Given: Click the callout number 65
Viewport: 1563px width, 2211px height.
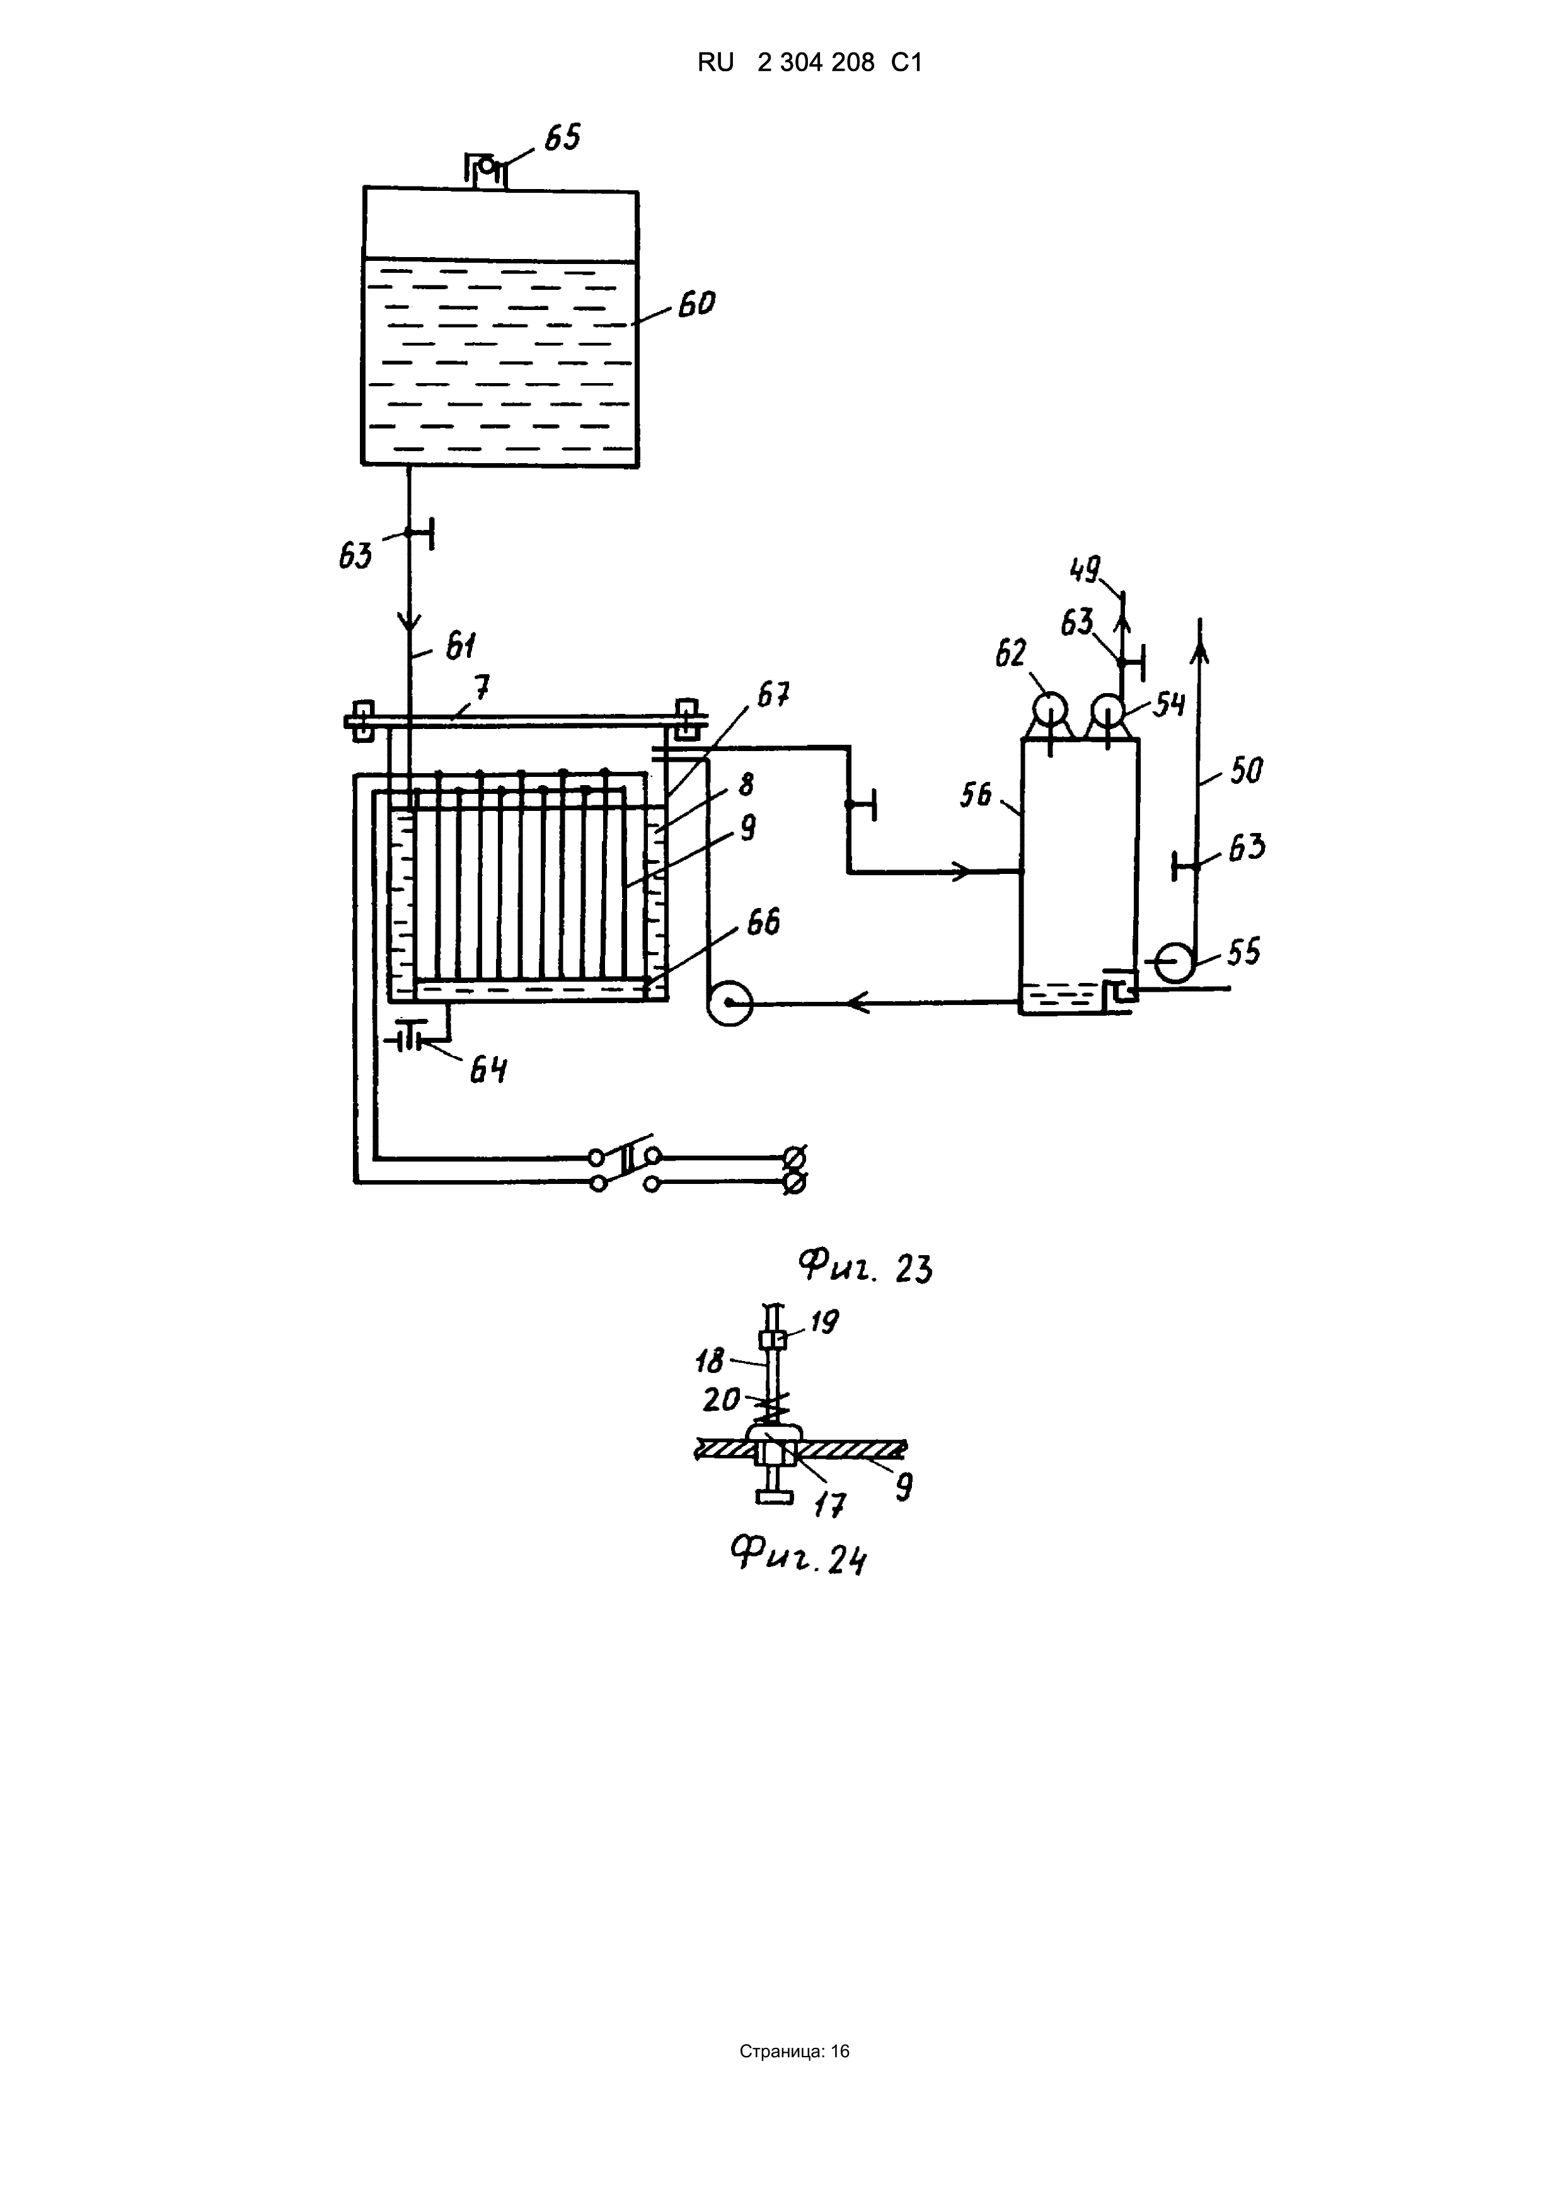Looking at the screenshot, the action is point(562,138).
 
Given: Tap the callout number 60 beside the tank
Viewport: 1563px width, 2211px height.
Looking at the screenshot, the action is point(696,304).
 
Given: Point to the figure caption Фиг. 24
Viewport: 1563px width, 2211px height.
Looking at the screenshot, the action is point(799,1554).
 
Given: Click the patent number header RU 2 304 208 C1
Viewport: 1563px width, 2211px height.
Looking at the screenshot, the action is point(810,62).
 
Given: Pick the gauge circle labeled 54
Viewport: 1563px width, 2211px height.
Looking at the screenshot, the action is point(1107,711).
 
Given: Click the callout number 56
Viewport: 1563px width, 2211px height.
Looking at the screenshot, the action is point(976,795).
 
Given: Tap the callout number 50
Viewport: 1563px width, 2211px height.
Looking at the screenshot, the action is point(1245,771).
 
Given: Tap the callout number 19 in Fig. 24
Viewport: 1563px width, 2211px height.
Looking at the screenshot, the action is point(823,1322).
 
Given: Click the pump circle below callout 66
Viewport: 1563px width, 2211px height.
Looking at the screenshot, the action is point(729,1002).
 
